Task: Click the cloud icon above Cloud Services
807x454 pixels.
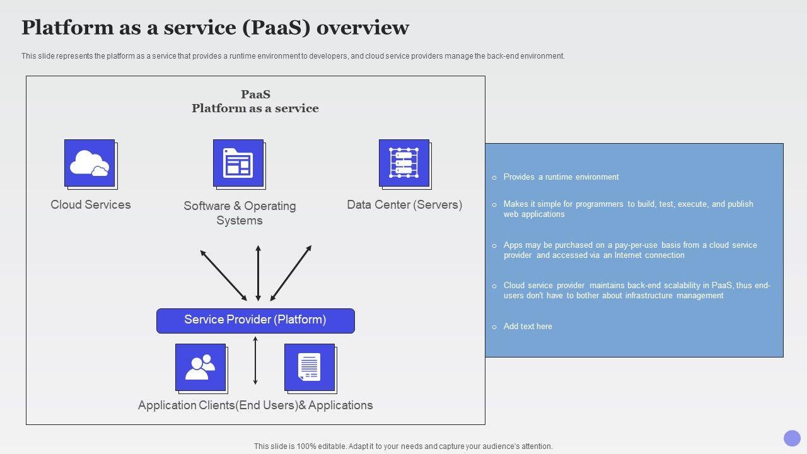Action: [90, 163]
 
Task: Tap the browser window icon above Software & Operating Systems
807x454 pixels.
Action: [238, 163]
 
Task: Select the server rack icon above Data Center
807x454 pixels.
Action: [404, 163]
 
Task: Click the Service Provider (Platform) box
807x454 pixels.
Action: [255, 320]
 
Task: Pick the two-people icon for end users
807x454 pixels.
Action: [200, 367]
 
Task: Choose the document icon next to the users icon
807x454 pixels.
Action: [310, 367]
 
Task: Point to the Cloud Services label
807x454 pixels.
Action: [91, 205]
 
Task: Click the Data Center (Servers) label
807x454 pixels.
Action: [404, 205]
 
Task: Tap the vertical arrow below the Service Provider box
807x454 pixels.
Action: [255, 361]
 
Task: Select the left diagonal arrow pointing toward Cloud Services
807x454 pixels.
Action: [223, 275]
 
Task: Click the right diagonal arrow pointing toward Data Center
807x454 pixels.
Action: [291, 273]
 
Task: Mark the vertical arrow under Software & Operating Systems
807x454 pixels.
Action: [258, 273]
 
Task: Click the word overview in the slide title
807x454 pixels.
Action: [363, 28]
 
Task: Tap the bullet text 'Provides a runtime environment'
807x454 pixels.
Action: [561, 177]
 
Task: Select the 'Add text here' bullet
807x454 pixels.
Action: [528, 327]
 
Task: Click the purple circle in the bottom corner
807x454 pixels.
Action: [792, 438]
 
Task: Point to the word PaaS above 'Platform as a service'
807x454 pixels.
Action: [255, 95]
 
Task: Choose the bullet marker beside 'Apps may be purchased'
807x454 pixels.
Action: [494, 246]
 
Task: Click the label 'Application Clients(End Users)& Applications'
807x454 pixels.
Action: [255, 405]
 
